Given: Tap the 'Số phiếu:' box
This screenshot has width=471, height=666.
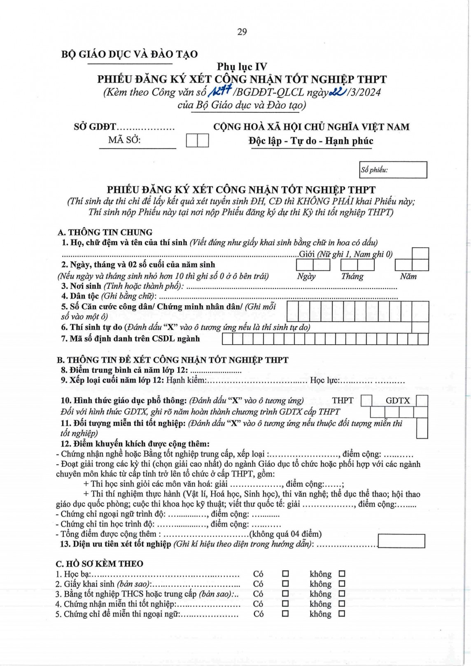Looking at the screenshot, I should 393,170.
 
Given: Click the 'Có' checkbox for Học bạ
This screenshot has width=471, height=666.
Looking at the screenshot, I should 285,573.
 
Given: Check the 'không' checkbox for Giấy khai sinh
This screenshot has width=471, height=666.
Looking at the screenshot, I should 342,584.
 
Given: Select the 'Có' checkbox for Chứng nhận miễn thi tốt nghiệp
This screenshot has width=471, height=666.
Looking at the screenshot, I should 285,604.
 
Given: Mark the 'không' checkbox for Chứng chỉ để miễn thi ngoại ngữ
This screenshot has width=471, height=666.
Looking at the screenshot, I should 342,614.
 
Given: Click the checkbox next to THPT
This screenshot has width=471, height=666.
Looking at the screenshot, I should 366,400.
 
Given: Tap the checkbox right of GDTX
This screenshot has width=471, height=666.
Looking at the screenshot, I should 422,400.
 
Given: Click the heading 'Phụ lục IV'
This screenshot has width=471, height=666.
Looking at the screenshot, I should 242,67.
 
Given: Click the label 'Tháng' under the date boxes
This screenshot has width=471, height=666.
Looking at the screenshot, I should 352,276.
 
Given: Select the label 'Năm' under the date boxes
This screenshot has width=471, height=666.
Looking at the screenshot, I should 408,276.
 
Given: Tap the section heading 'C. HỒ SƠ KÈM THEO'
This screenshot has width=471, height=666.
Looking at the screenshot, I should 100,564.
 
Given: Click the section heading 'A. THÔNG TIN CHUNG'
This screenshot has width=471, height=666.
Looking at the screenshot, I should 105,232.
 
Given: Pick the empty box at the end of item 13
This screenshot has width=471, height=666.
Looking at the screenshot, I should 401,541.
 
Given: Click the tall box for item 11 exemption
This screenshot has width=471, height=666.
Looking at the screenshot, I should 422,428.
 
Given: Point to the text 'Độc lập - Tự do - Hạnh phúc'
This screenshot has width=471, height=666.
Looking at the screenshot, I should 311,141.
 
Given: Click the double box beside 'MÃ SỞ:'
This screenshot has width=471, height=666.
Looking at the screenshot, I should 197,141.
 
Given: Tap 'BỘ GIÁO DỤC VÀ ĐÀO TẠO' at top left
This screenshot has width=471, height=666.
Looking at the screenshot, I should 129,54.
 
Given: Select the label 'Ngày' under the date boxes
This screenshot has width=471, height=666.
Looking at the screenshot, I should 306,276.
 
